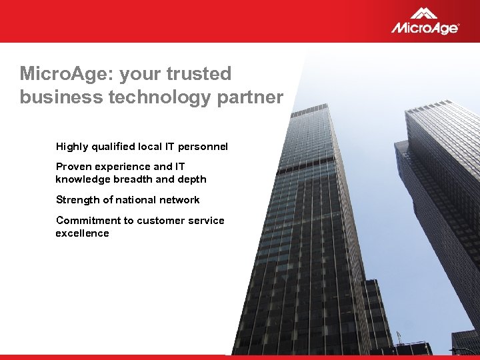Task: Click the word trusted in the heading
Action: pos(199,73)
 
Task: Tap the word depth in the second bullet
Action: pos(192,179)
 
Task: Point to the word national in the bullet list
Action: pos(140,200)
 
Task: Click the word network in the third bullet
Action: pos(180,200)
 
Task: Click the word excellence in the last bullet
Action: pos(82,233)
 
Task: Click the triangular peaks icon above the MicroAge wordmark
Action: pos(424,13)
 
